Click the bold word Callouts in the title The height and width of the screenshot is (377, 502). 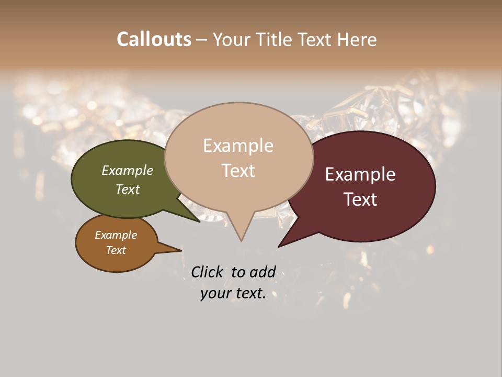[x=154, y=39]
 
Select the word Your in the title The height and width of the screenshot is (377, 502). [x=232, y=39]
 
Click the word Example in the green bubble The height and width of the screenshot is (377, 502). [x=127, y=170]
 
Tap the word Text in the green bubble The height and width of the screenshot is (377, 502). [x=127, y=189]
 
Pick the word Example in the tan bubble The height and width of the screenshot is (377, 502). [x=238, y=146]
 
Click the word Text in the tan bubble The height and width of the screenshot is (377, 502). [x=238, y=171]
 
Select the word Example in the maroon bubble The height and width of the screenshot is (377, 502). [x=360, y=174]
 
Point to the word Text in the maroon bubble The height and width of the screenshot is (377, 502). [x=360, y=199]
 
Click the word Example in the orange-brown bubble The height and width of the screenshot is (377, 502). [x=116, y=235]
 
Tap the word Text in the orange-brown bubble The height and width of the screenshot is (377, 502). [x=116, y=250]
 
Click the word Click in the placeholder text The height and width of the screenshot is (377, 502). [x=208, y=272]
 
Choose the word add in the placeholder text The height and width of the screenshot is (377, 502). [x=262, y=272]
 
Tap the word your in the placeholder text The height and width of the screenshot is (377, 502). [x=216, y=294]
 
